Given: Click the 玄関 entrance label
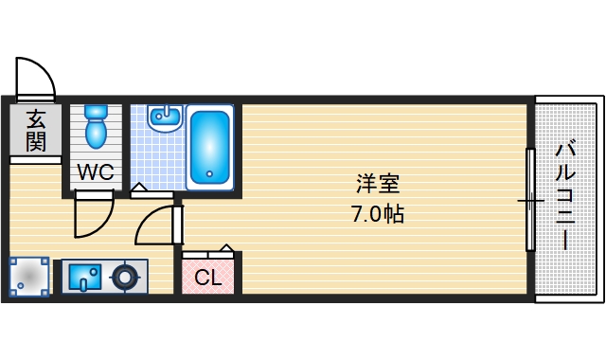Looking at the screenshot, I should point(36,131).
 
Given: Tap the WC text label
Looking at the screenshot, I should point(95,172).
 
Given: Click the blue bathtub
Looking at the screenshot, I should point(208,146).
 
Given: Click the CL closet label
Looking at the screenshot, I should point(208,279).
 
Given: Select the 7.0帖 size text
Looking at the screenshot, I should point(378,214).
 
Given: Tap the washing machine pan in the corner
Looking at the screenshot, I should point(29,278).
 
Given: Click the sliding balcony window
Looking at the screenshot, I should point(530,200).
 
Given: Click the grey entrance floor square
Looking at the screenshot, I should point(36,133).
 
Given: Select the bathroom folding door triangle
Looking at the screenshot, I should point(139,189).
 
